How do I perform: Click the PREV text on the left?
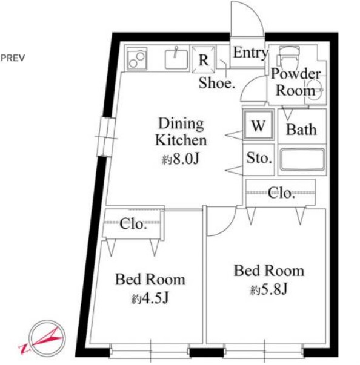[x=13, y=58]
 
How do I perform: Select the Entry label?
[x=250, y=53]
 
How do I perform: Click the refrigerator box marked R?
[x=204, y=59]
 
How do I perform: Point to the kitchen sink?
[x=176, y=59]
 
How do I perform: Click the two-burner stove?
[x=137, y=59]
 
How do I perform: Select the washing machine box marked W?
[x=258, y=125]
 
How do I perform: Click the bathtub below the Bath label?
[x=302, y=160]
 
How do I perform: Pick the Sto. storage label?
[x=259, y=158]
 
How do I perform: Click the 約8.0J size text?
[x=181, y=159]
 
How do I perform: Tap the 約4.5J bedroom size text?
[x=150, y=298]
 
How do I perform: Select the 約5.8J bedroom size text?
[x=269, y=289]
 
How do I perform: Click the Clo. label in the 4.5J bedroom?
[x=133, y=224]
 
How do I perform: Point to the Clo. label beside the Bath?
[x=281, y=192]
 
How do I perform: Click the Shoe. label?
[x=216, y=83]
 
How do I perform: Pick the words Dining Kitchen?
[x=181, y=132]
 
